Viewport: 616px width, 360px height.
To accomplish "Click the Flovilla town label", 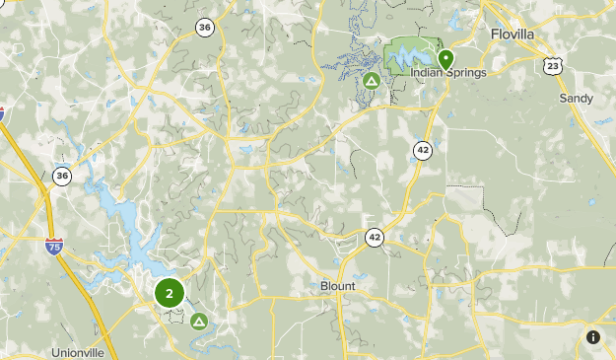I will point(512,34).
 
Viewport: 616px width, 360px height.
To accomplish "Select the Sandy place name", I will point(576,99).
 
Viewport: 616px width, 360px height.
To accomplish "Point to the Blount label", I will point(338,286).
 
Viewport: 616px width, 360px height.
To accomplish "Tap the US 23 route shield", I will point(553,65).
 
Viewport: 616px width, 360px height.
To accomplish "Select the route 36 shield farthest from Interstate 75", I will point(204,27).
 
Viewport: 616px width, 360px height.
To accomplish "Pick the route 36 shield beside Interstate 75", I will point(63,176).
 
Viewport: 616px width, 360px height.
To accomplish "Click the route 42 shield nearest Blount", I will point(375,237).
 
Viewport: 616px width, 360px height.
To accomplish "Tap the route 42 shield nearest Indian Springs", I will point(423,150).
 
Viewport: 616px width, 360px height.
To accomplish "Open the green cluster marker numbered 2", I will point(170,293).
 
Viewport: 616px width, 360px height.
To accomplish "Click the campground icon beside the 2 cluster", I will point(199,321).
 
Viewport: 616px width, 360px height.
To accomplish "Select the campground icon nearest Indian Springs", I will point(372,80).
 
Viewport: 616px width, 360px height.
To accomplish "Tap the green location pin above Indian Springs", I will point(445,58).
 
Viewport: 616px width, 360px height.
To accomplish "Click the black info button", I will point(592,336).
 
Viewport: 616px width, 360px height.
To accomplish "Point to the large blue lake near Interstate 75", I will point(123,222).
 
